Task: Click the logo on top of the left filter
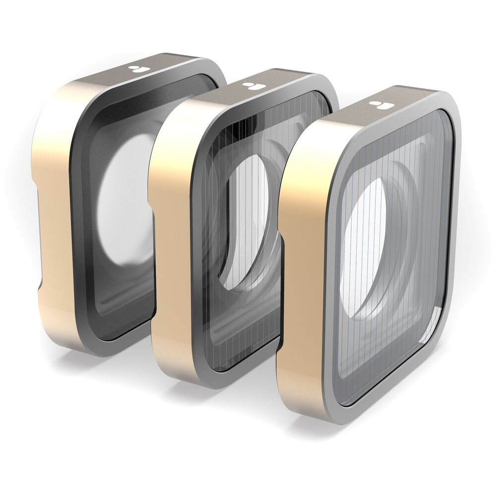tap(136, 69)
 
